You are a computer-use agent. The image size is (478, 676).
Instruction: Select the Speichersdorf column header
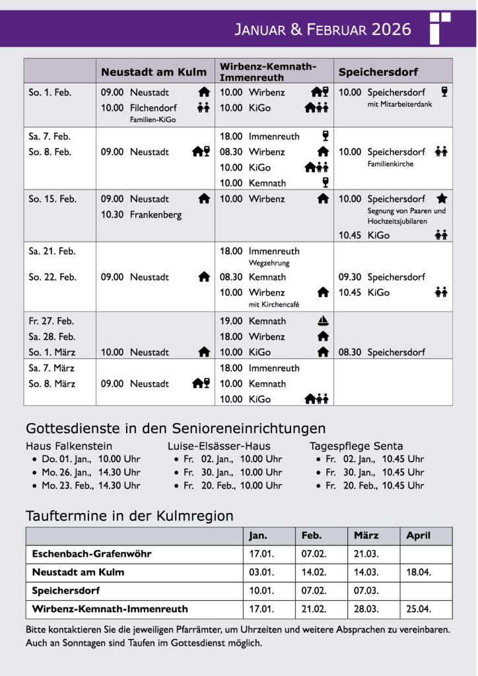pyautogui.click(x=369, y=72)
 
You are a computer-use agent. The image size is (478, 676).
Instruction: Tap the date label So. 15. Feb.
pyautogui.click(x=52, y=199)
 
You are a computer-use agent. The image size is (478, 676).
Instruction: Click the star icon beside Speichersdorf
pyautogui.click(x=442, y=198)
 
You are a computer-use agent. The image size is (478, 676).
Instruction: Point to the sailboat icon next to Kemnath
pyautogui.click(x=323, y=321)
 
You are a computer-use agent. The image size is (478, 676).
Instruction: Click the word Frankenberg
pyautogui.click(x=155, y=215)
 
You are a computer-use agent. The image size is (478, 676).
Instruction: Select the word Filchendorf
pyautogui.click(x=153, y=108)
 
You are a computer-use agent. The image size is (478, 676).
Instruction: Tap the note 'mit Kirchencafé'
pyautogui.click(x=274, y=304)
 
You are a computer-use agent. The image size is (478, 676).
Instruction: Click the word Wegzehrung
pyautogui.click(x=269, y=263)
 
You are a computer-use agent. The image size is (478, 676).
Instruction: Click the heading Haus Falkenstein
pyautogui.click(x=69, y=446)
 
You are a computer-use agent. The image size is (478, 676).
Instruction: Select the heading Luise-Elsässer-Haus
pyautogui.click(x=219, y=446)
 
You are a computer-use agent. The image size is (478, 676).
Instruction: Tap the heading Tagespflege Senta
pyautogui.click(x=356, y=446)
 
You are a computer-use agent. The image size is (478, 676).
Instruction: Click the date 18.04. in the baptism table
pyautogui.click(x=419, y=572)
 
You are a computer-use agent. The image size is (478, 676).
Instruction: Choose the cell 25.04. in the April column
pyautogui.click(x=419, y=609)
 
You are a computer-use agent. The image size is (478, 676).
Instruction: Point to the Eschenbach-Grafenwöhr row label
pyautogui.click(x=92, y=554)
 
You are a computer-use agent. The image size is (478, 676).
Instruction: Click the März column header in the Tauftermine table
pyautogui.click(x=366, y=535)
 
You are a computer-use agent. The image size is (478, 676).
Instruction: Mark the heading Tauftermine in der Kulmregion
pyautogui.click(x=129, y=516)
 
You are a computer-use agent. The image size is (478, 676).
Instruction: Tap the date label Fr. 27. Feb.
pyautogui.click(x=51, y=321)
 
